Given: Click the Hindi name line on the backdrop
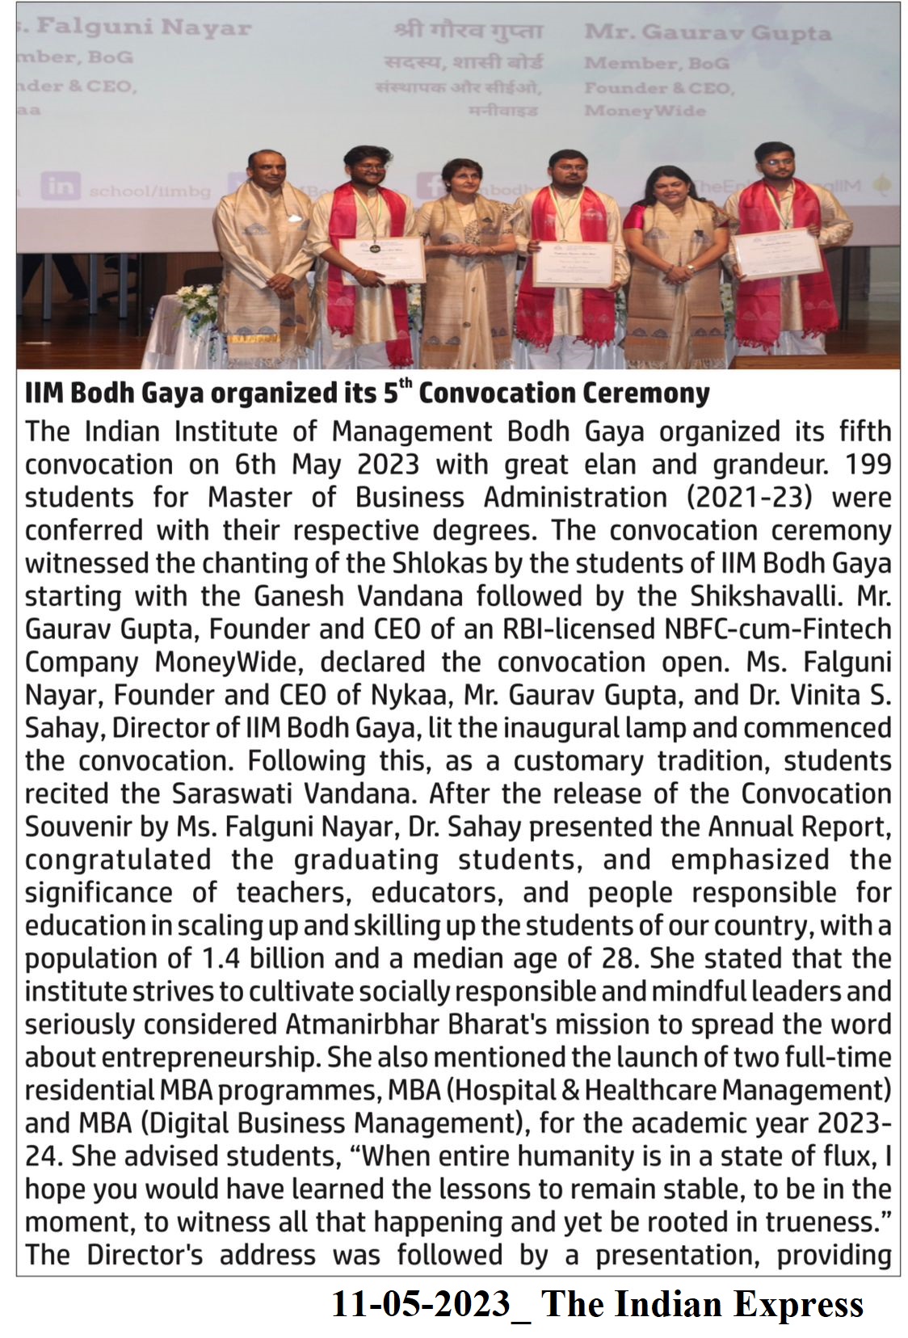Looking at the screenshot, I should [x=469, y=32].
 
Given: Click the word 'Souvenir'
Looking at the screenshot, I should [x=78, y=827].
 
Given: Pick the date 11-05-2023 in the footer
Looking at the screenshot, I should [x=421, y=1305].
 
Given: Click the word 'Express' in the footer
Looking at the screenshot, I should [x=798, y=1305].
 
